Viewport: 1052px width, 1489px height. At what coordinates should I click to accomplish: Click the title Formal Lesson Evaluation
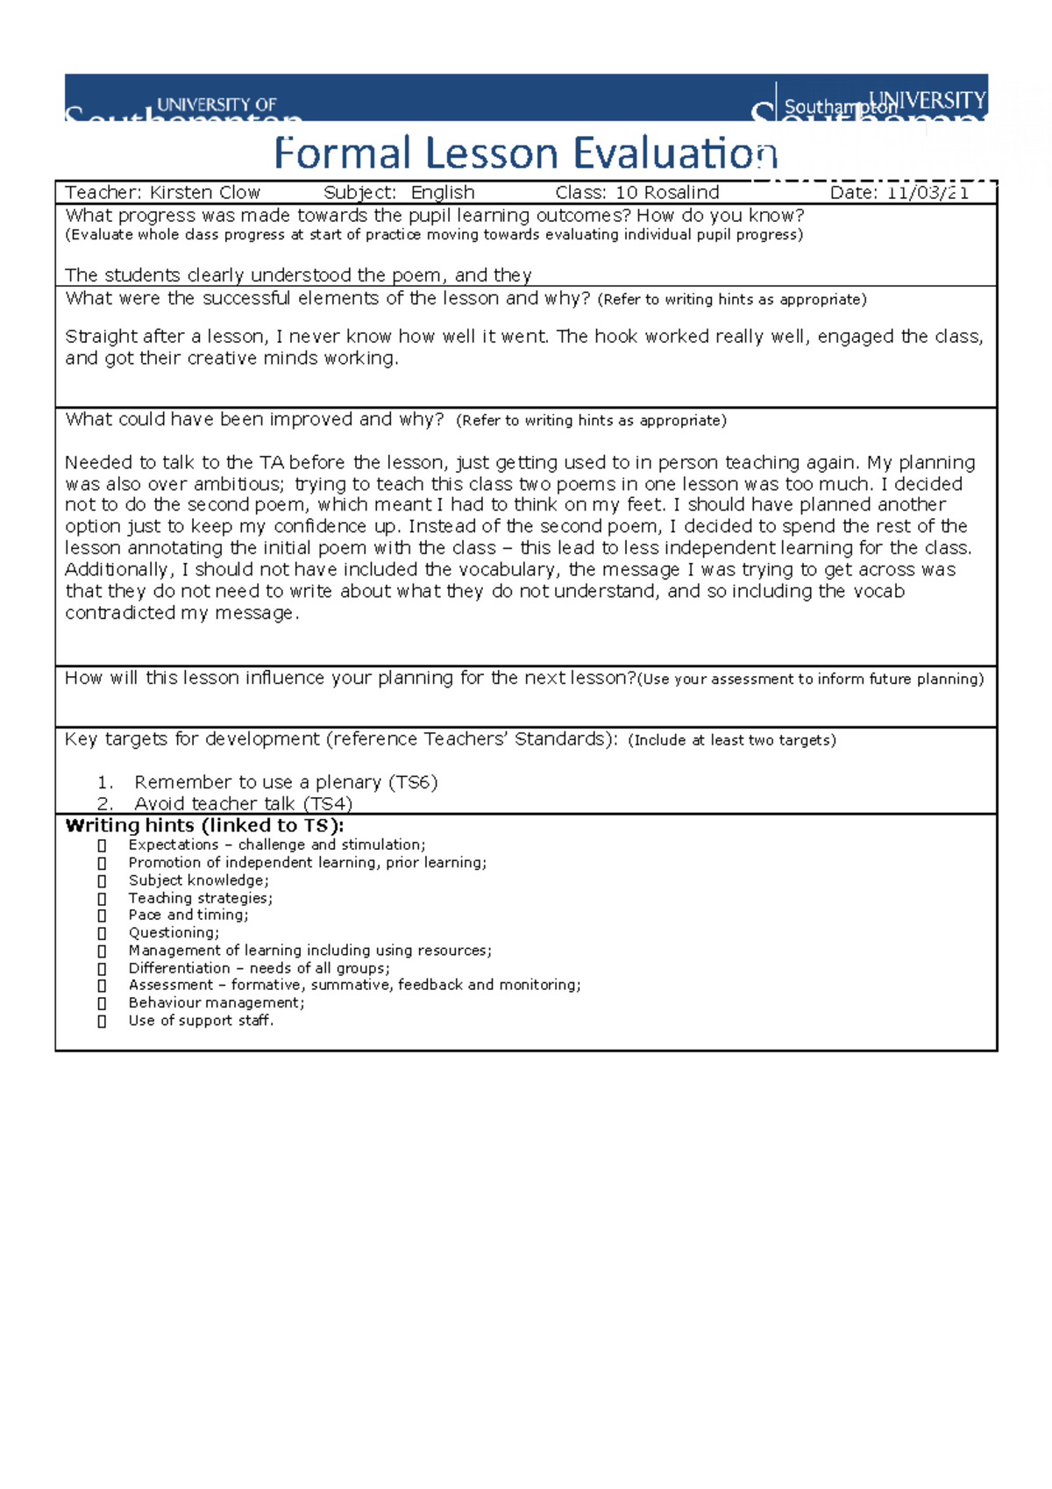[x=525, y=153]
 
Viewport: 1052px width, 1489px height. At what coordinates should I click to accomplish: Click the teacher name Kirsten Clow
[x=204, y=193]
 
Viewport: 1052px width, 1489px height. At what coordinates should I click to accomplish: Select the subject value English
[x=443, y=193]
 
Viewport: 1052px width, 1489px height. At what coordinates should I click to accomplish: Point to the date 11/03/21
[x=928, y=193]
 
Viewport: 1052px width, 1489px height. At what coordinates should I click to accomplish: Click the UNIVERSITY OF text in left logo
[x=217, y=104]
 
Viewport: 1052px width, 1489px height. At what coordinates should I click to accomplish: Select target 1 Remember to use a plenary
[x=285, y=782]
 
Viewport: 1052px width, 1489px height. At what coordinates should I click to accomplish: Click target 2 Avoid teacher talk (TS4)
[x=243, y=803]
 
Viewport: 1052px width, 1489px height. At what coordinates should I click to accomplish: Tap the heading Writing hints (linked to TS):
[x=204, y=825]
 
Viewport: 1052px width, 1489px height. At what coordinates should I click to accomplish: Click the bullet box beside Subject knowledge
[x=102, y=881]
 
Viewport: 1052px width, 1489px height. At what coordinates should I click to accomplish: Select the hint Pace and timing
[x=188, y=915]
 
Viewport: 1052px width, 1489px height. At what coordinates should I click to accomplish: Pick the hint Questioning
[x=174, y=932]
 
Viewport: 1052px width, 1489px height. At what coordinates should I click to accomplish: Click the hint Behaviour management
[x=216, y=1002]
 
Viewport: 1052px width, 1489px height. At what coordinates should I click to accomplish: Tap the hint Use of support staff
[x=201, y=1020]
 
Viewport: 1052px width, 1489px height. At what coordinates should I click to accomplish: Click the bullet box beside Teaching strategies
[x=102, y=899]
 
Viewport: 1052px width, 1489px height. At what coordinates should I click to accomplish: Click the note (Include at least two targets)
[x=732, y=740]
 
